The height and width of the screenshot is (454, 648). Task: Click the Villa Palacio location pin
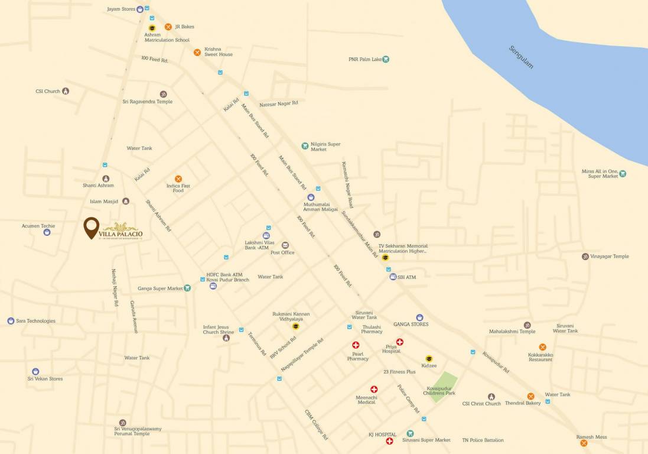pyautogui.click(x=91, y=227)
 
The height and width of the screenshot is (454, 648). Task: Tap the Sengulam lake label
pyautogui.click(x=521, y=57)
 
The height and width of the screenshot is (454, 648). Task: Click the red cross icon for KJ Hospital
pyautogui.click(x=390, y=441)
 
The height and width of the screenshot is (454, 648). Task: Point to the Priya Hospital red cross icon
pyautogui.click(x=400, y=342)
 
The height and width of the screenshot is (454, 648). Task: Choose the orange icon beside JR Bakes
pyautogui.click(x=168, y=27)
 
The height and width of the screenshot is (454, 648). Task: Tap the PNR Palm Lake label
pyautogui.click(x=365, y=59)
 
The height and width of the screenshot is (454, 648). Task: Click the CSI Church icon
pyautogui.click(x=66, y=91)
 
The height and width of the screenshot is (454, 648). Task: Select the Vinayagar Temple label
pyautogui.click(x=609, y=257)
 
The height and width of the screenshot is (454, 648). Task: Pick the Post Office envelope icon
pyautogui.click(x=285, y=245)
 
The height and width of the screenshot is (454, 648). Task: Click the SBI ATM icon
pyautogui.click(x=393, y=277)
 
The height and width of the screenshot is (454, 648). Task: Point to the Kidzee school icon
pyautogui.click(x=429, y=358)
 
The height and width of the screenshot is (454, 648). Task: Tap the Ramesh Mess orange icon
pyautogui.click(x=584, y=443)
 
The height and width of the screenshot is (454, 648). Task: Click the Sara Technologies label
pyautogui.click(x=35, y=321)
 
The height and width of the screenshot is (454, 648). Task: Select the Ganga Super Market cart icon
pyautogui.click(x=187, y=288)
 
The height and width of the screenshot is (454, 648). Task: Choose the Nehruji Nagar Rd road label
pyautogui.click(x=115, y=287)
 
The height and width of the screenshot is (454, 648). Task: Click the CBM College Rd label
pyautogui.click(x=316, y=424)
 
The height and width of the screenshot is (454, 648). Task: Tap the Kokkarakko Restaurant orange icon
pyautogui.click(x=542, y=347)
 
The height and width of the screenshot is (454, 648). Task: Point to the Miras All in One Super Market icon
pyautogui.click(x=623, y=174)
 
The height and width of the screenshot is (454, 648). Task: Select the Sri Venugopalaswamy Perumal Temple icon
pyautogui.click(x=122, y=423)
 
